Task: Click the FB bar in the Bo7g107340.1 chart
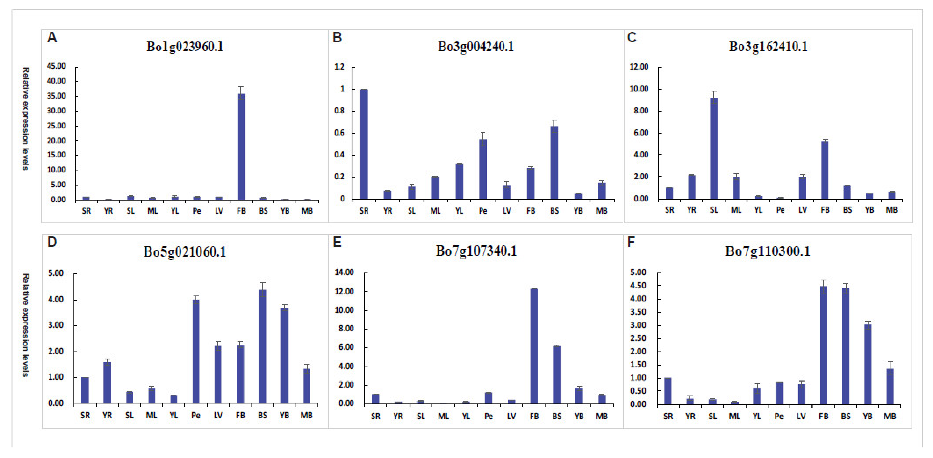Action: tap(534, 346)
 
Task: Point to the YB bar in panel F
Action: tap(867, 364)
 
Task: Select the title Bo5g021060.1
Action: tap(185, 251)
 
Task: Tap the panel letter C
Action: tap(632, 38)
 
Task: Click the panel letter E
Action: tap(337, 242)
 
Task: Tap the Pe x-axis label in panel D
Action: tap(196, 415)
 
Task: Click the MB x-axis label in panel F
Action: tap(890, 416)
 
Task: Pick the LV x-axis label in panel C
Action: tap(803, 210)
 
